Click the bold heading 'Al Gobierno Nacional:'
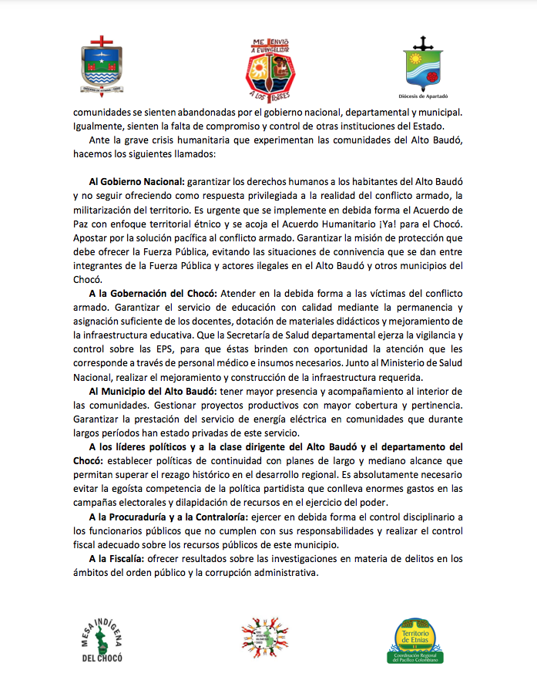(135, 180)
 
